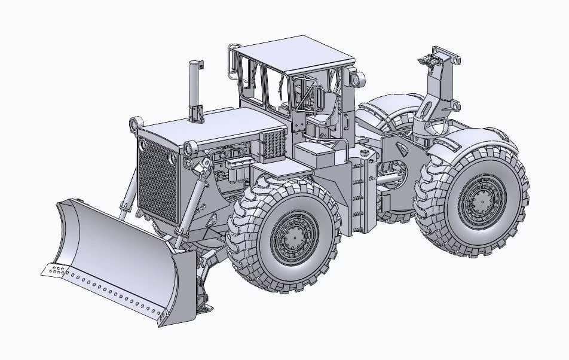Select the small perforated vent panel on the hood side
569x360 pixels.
272,144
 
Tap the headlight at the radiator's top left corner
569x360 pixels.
136,124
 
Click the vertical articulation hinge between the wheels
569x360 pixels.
365,191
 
